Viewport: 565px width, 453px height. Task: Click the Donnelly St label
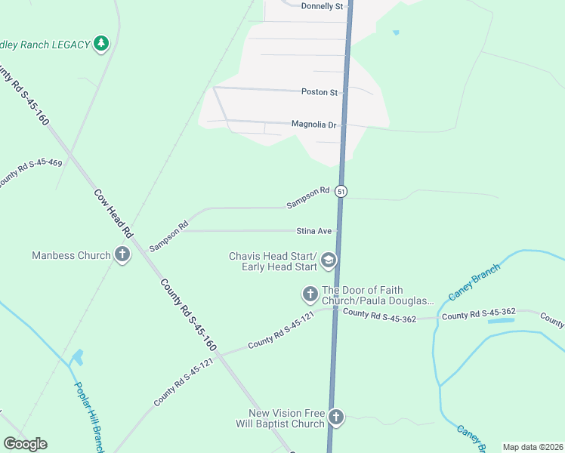pos(322,6)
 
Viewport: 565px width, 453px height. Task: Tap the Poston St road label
pos(320,92)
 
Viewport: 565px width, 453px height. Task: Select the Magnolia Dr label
pos(314,124)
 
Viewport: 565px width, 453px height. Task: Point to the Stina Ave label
pos(315,231)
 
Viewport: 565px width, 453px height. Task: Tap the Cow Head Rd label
pos(113,214)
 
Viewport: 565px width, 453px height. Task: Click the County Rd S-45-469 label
pos(30,173)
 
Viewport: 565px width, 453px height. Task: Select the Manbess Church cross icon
pos(122,255)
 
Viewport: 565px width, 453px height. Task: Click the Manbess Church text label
pos(71,256)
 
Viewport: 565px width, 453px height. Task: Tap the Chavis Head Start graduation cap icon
pos(329,261)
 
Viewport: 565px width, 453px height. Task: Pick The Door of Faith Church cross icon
pos(310,294)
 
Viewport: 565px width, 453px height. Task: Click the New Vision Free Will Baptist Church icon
pos(336,417)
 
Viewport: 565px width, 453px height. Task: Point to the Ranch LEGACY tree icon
pos(101,45)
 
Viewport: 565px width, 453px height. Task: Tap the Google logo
pos(25,444)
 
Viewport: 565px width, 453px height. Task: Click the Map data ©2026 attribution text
pos(533,447)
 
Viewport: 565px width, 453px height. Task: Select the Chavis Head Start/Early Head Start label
pos(273,261)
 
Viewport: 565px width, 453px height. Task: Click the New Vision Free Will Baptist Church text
pos(287,419)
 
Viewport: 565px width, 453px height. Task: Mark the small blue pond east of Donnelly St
pos(395,32)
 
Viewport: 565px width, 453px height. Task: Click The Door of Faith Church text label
pos(378,295)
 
